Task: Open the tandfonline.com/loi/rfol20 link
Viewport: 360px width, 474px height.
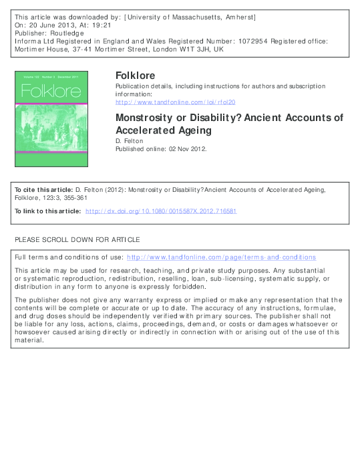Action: (176, 102)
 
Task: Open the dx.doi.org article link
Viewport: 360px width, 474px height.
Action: (160, 211)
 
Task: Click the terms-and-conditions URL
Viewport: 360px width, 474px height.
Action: (221, 257)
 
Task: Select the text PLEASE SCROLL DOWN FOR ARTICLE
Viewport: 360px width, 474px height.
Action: (77, 239)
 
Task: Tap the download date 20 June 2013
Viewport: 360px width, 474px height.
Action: (49, 23)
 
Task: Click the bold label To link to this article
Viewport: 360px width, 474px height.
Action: (47, 211)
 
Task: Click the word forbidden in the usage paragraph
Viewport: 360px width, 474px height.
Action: (167, 287)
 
